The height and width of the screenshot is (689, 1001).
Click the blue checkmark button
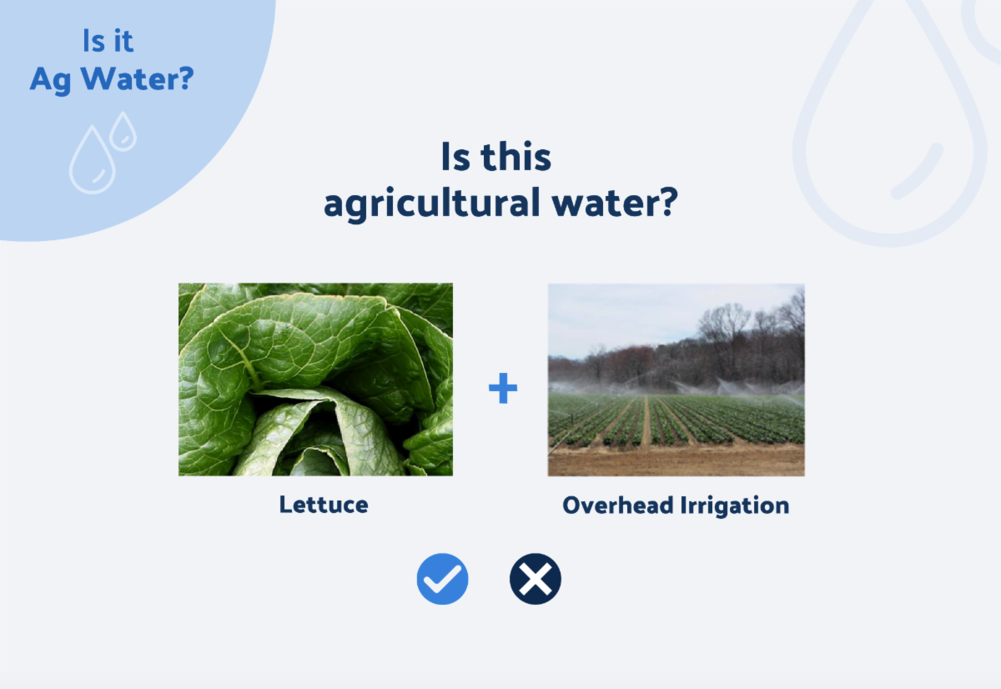click(x=442, y=579)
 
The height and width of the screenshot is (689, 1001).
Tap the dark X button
click(x=536, y=579)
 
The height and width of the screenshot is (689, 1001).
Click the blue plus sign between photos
click(x=503, y=388)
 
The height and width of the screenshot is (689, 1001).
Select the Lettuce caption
click(x=324, y=505)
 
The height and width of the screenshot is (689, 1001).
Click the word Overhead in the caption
click(x=618, y=505)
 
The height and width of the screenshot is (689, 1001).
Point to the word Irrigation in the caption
click(x=735, y=505)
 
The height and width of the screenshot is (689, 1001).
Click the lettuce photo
click(x=315, y=380)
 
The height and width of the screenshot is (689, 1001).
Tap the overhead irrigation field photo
click(x=677, y=380)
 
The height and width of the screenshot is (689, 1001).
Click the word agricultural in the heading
click(x=432, y=204)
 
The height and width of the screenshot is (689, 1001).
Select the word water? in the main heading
click(x=615, y=203)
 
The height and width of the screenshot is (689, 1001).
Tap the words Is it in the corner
click(x=108, y=41)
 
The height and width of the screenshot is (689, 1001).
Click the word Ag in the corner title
click(x=51, y=80)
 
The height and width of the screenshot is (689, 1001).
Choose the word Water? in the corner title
click(x=137, y=78)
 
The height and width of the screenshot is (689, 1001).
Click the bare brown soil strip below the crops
click(x=677, y=460)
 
